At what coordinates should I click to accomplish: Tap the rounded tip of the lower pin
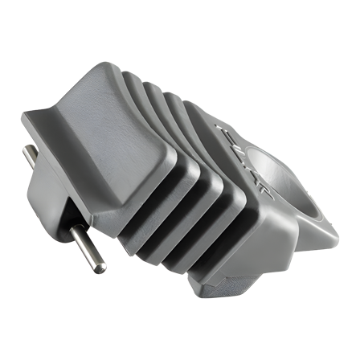(97, 268)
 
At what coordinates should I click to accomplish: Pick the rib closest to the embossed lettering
(211, 137)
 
